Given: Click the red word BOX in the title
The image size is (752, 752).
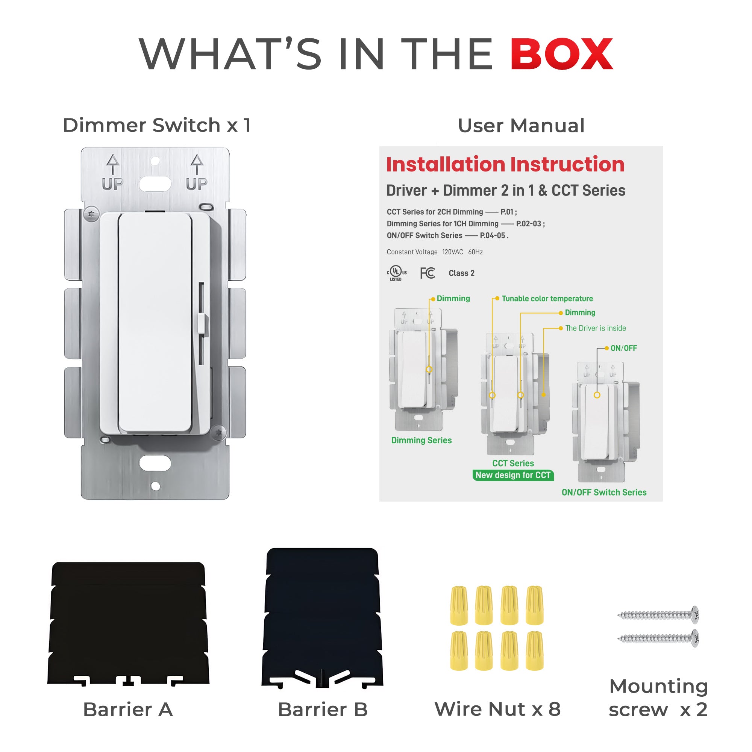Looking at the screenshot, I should coord(562,54).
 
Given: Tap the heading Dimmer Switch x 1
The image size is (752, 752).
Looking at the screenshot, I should coord(156,125).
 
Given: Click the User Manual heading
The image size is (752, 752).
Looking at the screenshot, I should coord(521,126).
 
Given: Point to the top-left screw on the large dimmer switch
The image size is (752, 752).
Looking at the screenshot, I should coord(91,214).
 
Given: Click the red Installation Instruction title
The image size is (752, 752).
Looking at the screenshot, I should coord(505,164).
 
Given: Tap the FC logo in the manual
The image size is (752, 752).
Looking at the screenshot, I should coord(428,273).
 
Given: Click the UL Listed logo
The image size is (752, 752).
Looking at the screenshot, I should coord(396,273).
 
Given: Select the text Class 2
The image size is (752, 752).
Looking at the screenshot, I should coord(461,273).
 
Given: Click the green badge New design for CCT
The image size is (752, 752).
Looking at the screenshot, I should coord(512,475).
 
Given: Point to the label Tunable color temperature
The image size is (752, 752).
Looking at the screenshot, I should coord(547,299).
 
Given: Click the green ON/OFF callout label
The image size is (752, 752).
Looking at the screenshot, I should coord(623,348).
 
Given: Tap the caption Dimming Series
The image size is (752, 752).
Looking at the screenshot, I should coord(421,440).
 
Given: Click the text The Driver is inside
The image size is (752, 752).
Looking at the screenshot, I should coord(595,328).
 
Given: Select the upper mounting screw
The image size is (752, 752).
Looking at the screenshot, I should coord(658,615).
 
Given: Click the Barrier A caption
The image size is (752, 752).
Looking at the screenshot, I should coord(128,709).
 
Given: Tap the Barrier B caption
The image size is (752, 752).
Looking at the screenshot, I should coord(322,709).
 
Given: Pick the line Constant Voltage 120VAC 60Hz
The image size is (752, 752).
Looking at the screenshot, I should coord(434,252).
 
